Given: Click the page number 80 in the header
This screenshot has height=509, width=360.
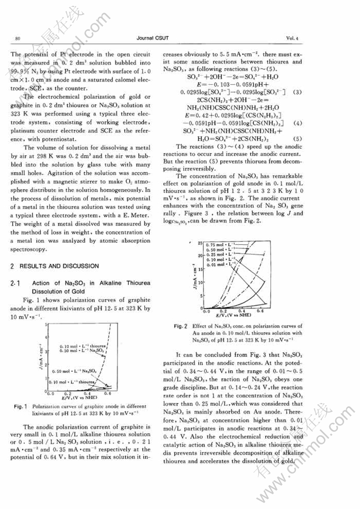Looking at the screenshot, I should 18,38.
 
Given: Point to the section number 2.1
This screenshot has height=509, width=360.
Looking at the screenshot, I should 14,283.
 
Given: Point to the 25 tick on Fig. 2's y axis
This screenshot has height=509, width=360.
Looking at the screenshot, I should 201,243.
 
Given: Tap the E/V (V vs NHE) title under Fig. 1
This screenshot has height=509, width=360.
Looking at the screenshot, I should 83,396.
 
